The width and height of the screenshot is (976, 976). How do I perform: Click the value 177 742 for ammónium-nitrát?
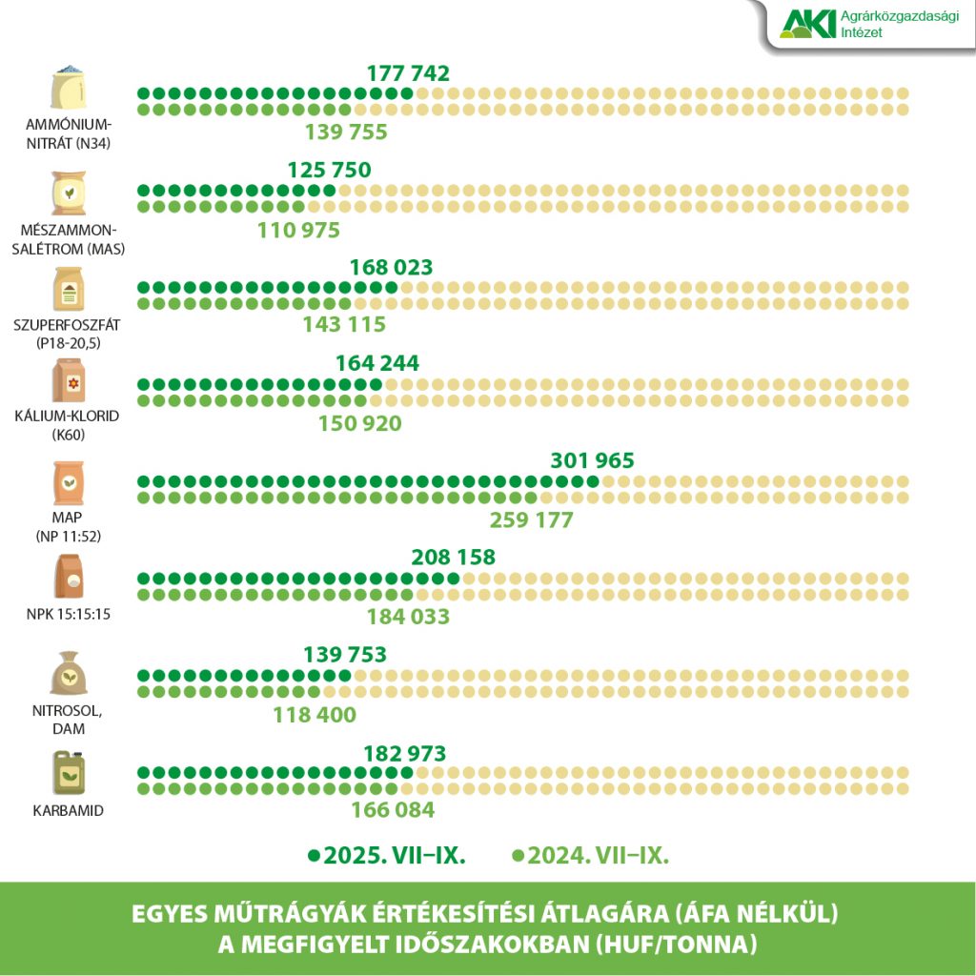tap(407, 73)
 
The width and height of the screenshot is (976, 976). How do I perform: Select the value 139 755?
tap(345, 132)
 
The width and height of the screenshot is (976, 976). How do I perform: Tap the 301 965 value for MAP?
tap(592, 461)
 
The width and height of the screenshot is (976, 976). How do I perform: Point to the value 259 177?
tap(531, 520)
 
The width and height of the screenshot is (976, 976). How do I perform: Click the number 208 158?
tap(453, 558)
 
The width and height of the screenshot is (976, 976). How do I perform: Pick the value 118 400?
tap(314, 714)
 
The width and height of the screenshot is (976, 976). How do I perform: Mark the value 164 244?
tap(376, 363)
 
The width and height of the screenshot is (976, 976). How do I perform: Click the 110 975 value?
tap(298, 230)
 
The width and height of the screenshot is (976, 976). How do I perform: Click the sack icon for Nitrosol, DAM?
tap(69, 674)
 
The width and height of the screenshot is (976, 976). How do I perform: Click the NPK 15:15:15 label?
tap(69, 614)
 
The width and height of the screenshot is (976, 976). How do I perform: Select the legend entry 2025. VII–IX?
tap(387, 855)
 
